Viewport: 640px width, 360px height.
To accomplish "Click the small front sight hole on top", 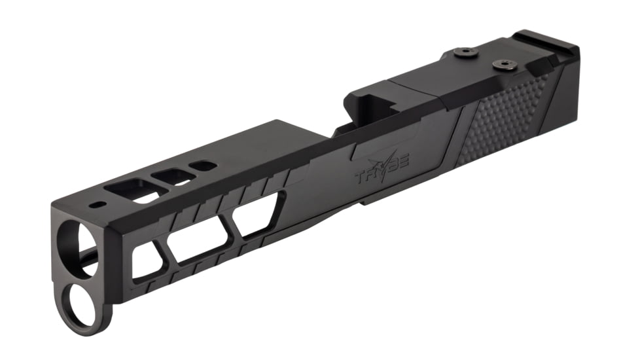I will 98,205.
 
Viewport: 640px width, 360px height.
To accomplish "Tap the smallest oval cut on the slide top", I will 205,166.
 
